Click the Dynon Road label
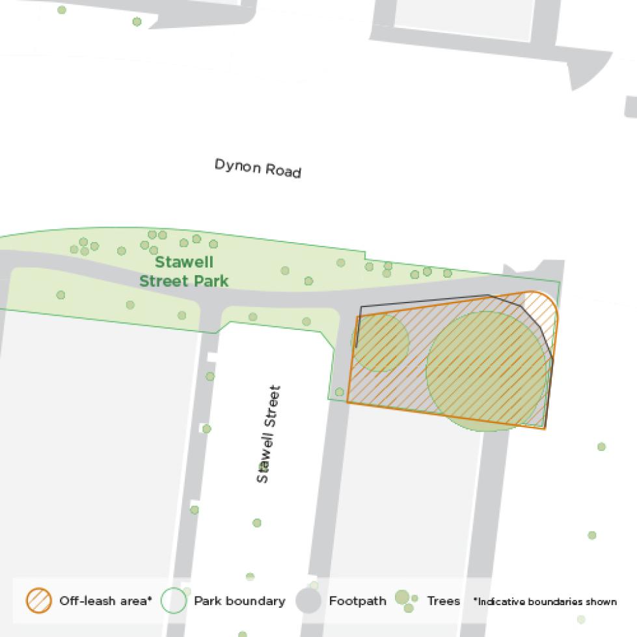pyautogui.click(x=258, y=168)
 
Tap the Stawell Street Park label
pyautogui.click(x=184, y=272)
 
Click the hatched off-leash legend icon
pyautogui.click(x=39, y=601)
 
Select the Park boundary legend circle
pyautogui.click(x=174, y=601)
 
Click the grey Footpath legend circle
pyautogui.click(x=308, y=601)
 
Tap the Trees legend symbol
pyautogui.click(x=405, y=601)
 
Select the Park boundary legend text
pyautogui.click(x=239, y=601)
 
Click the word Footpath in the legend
pyautogui.click(x=357, y=601)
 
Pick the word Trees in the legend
pyautogui.click(x=443, y=601)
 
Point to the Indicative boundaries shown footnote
pyautogui.click(x=545, y=602)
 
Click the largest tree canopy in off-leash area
pyautogui.click(x=487, y=370)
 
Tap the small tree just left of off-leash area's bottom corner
pyautogui.click(x=339, y=392)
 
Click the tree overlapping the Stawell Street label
pyautogui.click(x=264, y=466)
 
